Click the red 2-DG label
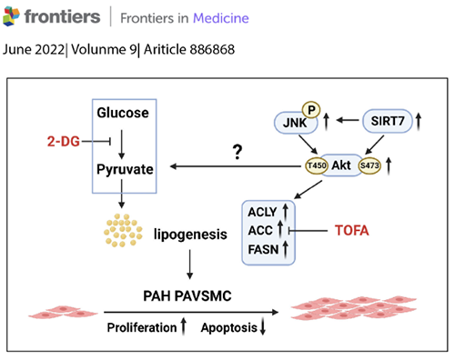click(64, 141)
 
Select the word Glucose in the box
click(126, 113)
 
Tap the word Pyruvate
click(126, 169)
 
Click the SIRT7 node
click(387, 121)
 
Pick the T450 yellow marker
click(316, 167)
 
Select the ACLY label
click(263, 211)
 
